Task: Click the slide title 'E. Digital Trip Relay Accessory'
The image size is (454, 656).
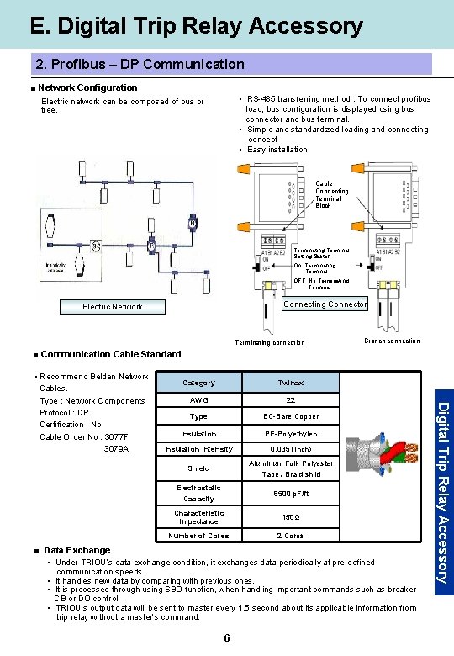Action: click(x=196, y=26)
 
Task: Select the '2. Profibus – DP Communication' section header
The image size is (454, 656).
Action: click(x=140, y=64)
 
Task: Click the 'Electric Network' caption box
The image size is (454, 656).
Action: click(x=112, y=307)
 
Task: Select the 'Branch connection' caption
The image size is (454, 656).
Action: click(x=391, y=341)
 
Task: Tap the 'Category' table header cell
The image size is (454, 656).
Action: click(x=198, y=383)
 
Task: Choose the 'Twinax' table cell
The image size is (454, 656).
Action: click(x=290, y=383)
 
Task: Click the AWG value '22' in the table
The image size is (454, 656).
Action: click(x=290, y=400)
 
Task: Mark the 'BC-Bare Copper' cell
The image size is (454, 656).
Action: click(x=290, y=417)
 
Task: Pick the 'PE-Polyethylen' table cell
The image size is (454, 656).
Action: click(x=290, y=434)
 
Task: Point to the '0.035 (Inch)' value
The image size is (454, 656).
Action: click(x=290, y=449)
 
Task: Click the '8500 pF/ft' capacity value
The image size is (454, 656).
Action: click(x=290, y=494)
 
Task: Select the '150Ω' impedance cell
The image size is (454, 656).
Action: click(x=290, y=517)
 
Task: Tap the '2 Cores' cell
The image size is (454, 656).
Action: click(x=290, y=536)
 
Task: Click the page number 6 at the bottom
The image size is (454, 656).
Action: click(x=227, y=638)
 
